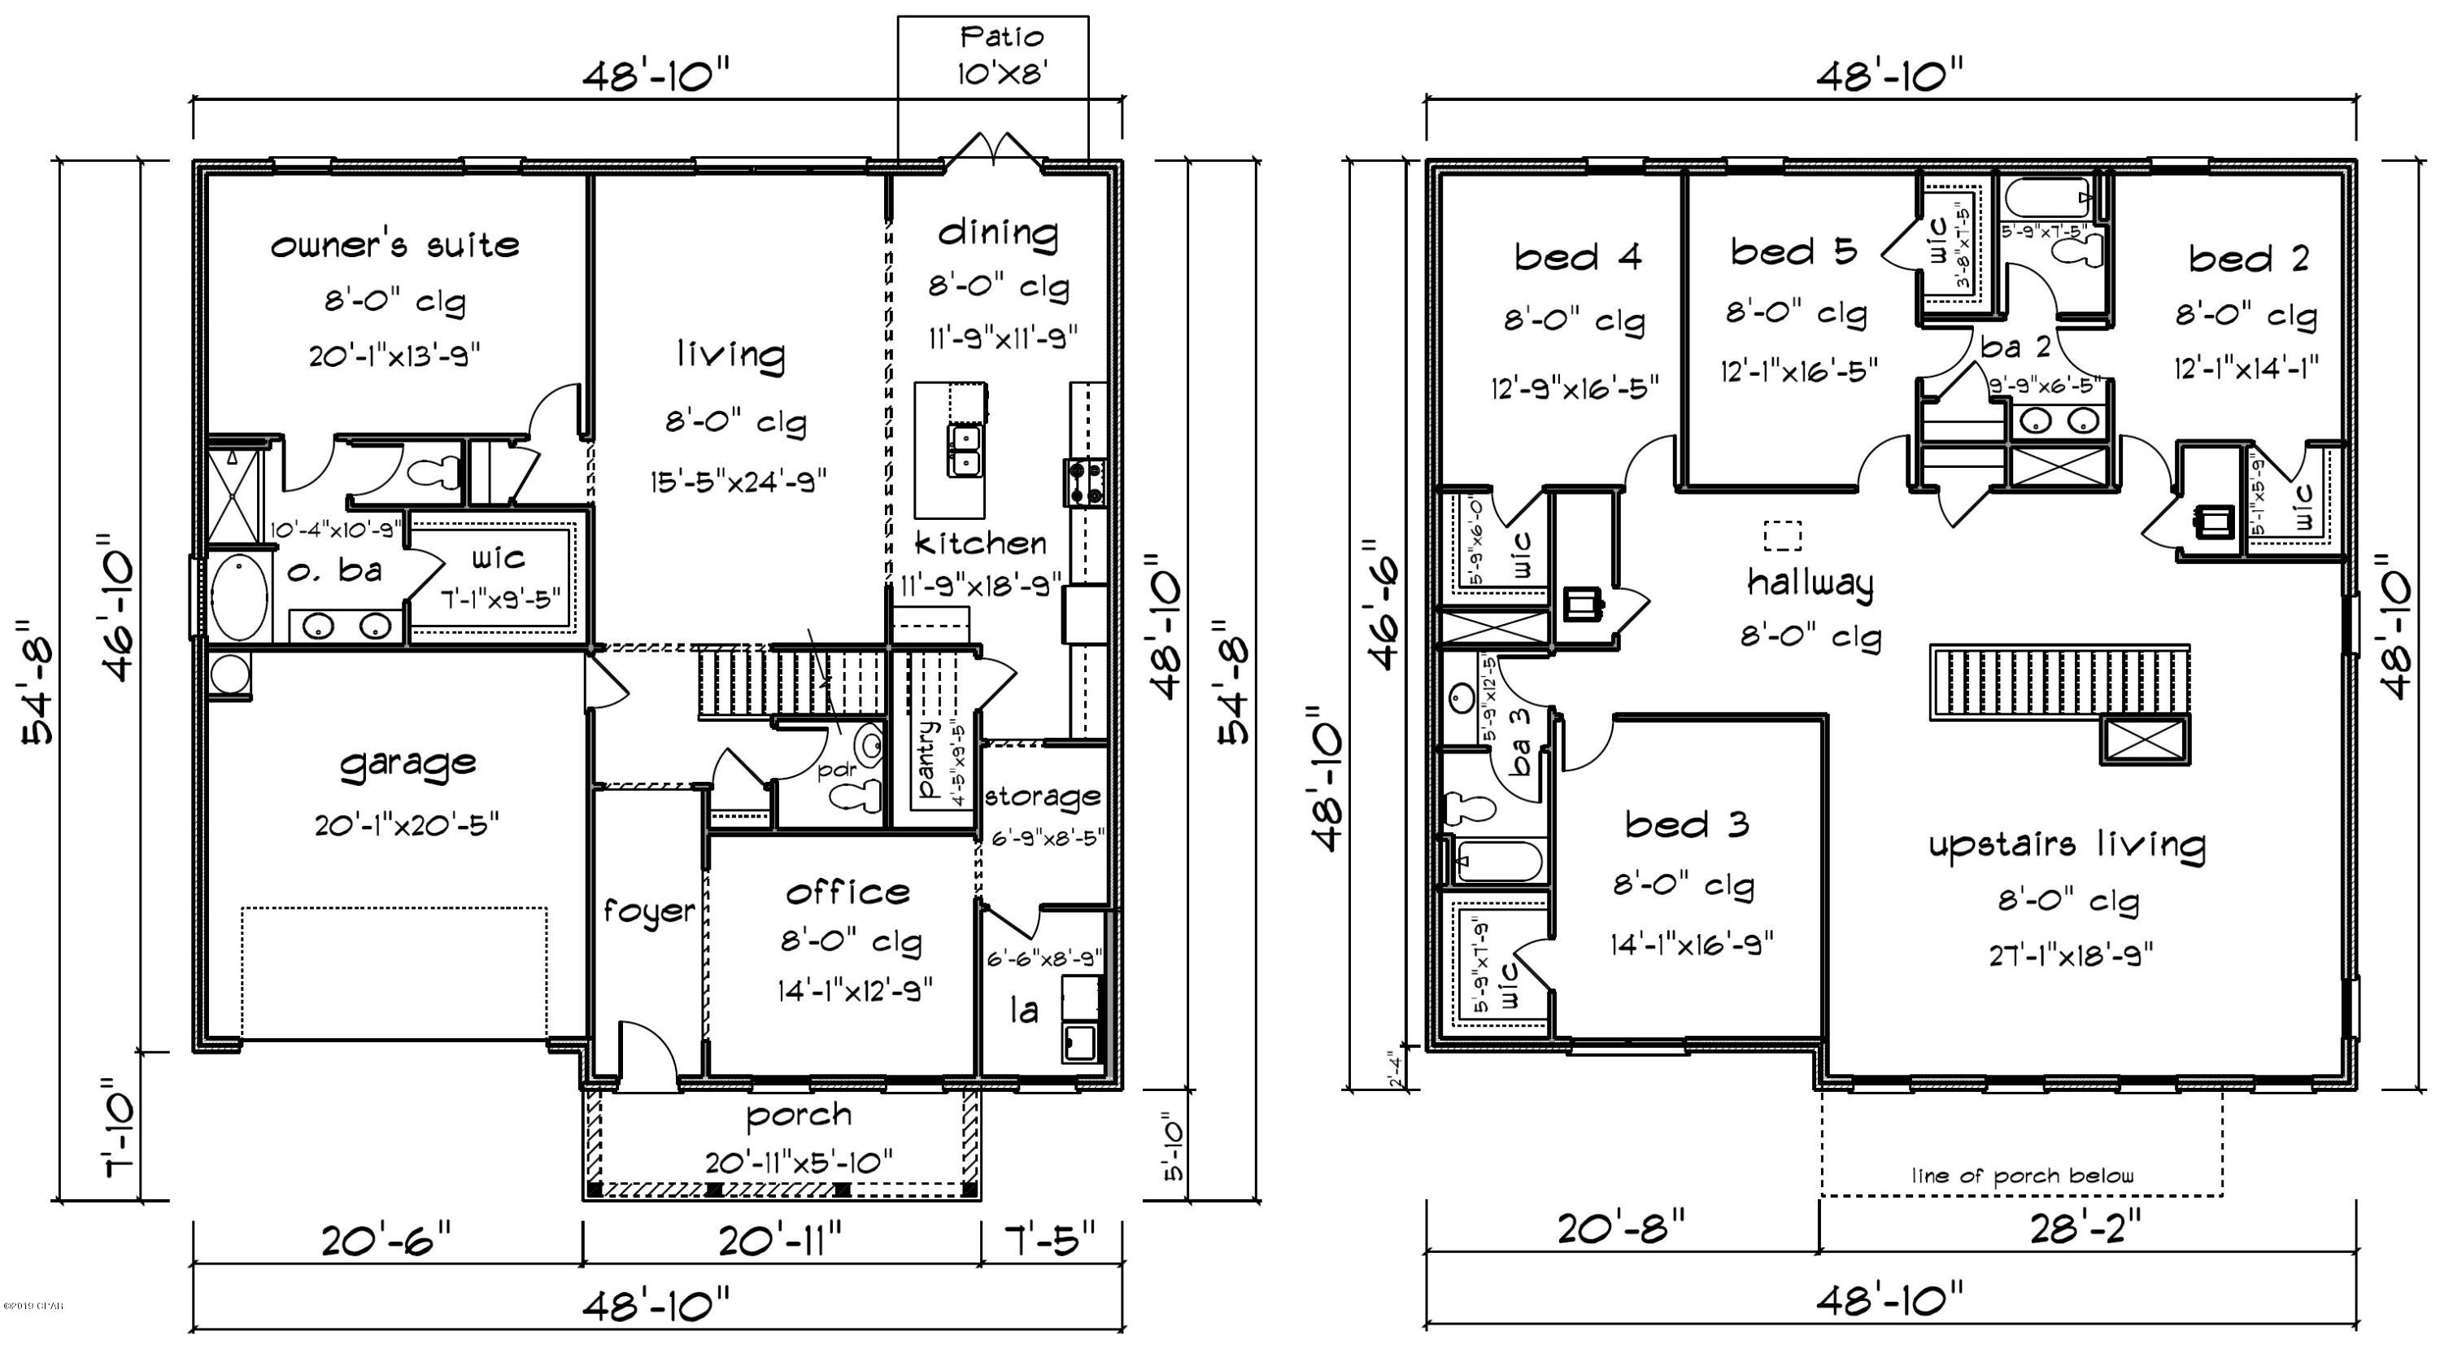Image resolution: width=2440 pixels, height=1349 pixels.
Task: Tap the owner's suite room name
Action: (x=395, y=247)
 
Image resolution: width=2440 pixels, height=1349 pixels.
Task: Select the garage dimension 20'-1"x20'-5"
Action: (x=407, y=825)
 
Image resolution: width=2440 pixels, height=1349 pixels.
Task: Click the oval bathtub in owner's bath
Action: (x=237, y=599)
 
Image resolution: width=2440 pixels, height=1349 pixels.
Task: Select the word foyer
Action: (x=649, y=911)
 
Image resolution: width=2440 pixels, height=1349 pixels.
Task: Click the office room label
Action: (x=847, y=892)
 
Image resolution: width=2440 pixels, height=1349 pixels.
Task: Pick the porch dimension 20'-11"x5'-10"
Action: (x=799, y=1161)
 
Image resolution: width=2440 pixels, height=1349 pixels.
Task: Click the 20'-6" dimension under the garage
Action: (x=386, y=1240)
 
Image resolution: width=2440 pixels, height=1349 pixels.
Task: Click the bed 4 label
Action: (x=1577, y=258)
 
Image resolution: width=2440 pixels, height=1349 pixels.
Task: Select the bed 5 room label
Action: (x=1794, y=252)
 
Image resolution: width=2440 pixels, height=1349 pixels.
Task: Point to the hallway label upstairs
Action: (x=1809, y=583)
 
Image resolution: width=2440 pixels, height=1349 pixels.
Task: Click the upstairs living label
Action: (x=2067, y=844)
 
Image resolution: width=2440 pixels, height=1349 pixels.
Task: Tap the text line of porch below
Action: (x=2021, y=1177)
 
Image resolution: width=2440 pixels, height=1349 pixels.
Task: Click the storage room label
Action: (x=1042, y=797)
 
